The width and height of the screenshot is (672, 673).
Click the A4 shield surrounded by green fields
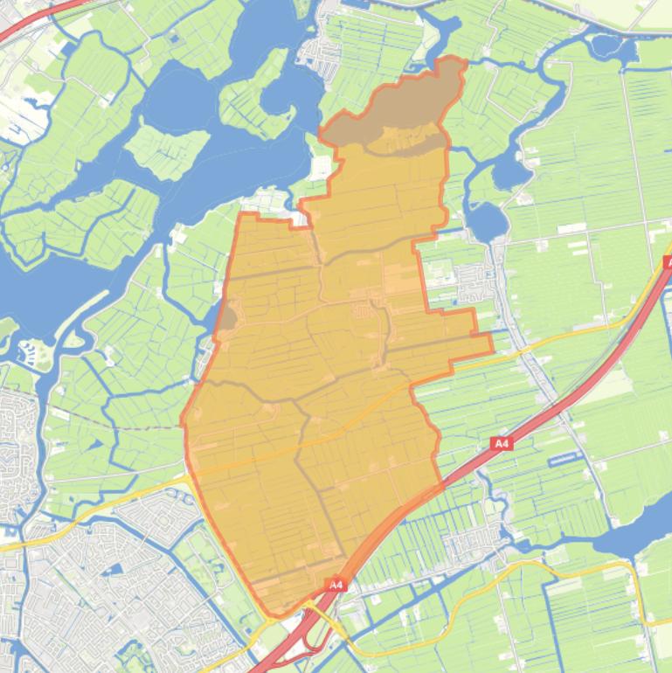coord(501,444)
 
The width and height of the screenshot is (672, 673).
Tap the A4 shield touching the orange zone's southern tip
coord(336,584)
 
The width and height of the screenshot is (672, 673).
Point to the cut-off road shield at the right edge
coord(668,262)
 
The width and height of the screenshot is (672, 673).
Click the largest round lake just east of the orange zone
coord(488,221)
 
